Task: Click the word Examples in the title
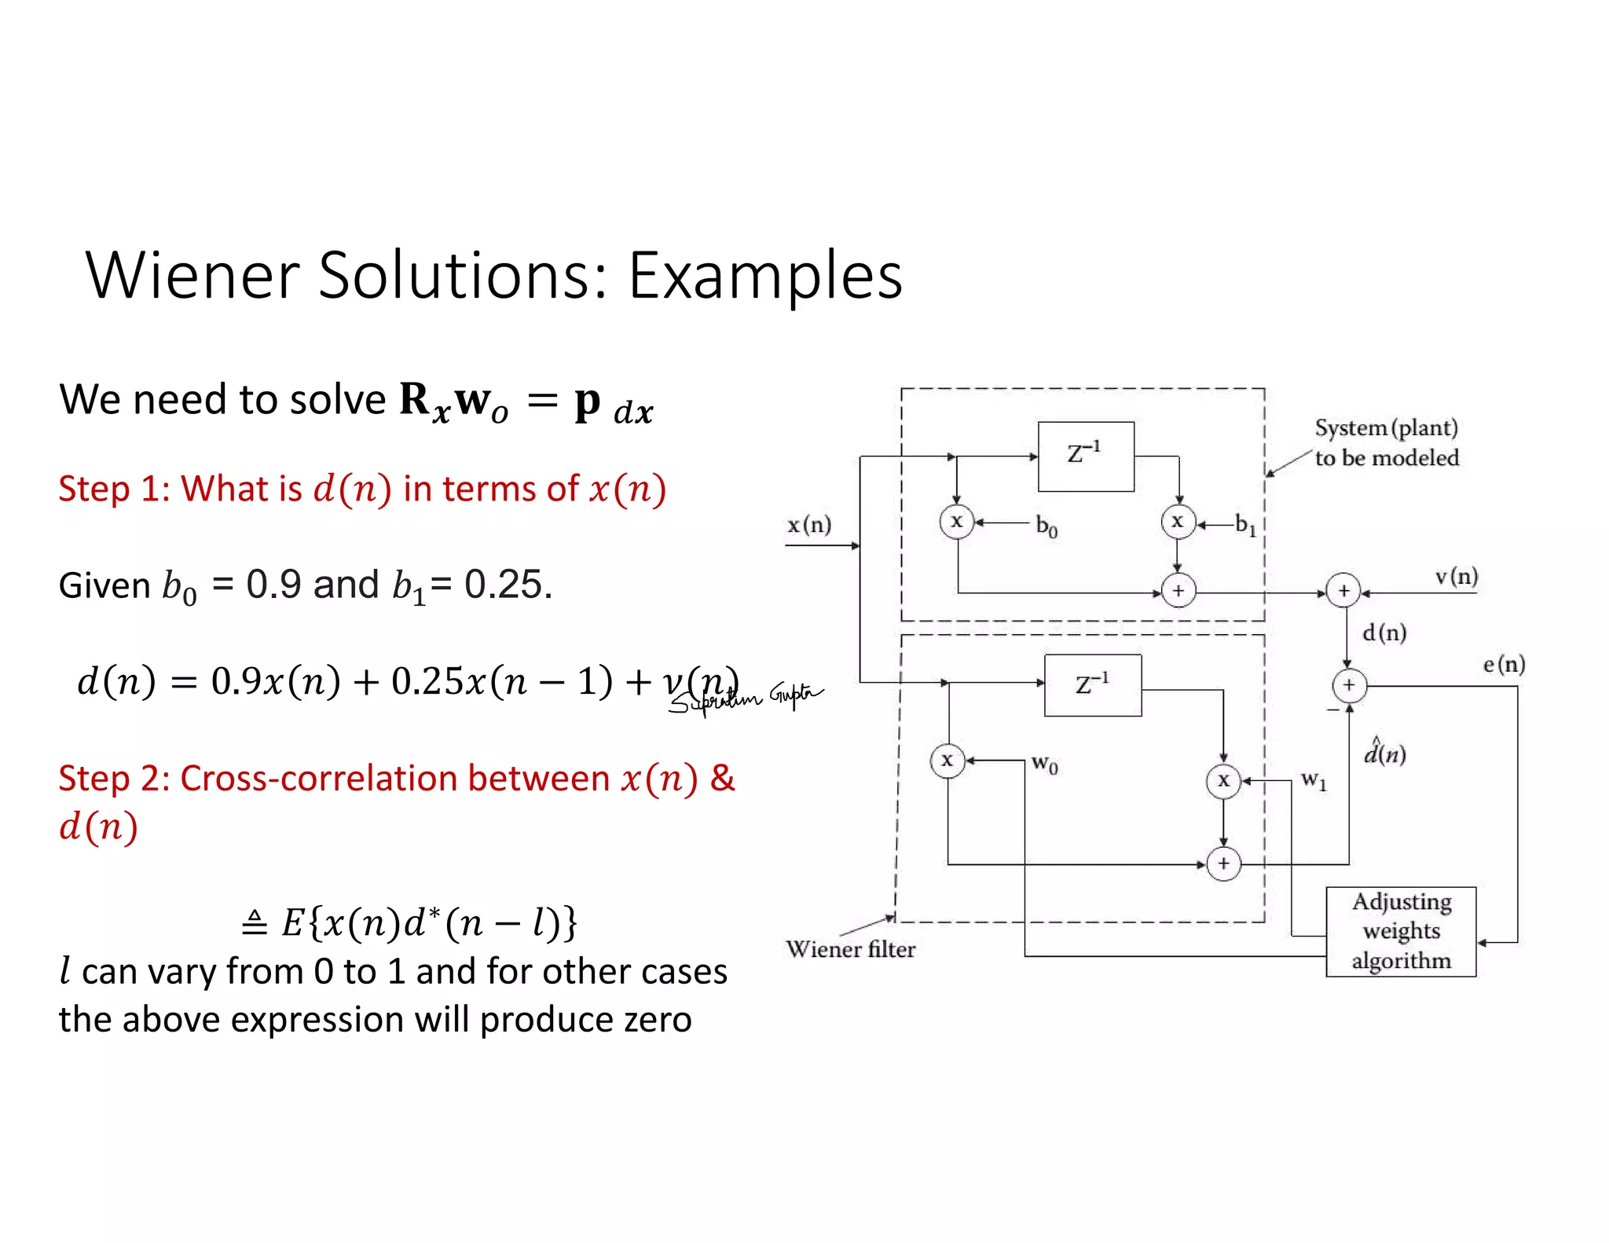pyautogui.click(x=765, y=277)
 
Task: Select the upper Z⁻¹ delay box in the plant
pyautogui.click(x=1086, y=456)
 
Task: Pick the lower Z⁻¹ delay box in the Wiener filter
pyautogui.click(x=1092, y=685)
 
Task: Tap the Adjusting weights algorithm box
pyautogui.click(x=1401, y=932)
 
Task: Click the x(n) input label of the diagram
pyautogui.click(x=809, y=525)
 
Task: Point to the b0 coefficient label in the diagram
pyautogui.click(x=1046, y=526)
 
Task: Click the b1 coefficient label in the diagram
pyautogui.click(x=1245, y=524)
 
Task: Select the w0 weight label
pyautogui.click(x=1044, y=763)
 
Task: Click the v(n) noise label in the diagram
pyautogui.click(x=1456, y=577)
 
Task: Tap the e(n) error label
pyautogui.click(x=1504, y=665)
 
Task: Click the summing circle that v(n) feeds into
pyautogui.click(x=1343, y=591)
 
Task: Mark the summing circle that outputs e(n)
pyautogui.click(x=1349, y=685)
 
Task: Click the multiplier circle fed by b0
pyautogui.click(x=956, y=522)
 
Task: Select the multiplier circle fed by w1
pyautogui.click(x=1223, y=781)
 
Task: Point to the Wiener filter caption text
pyautogui.click(x=850, y=949)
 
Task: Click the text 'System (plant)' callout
pyautogui.click(x=1386, y=428)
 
